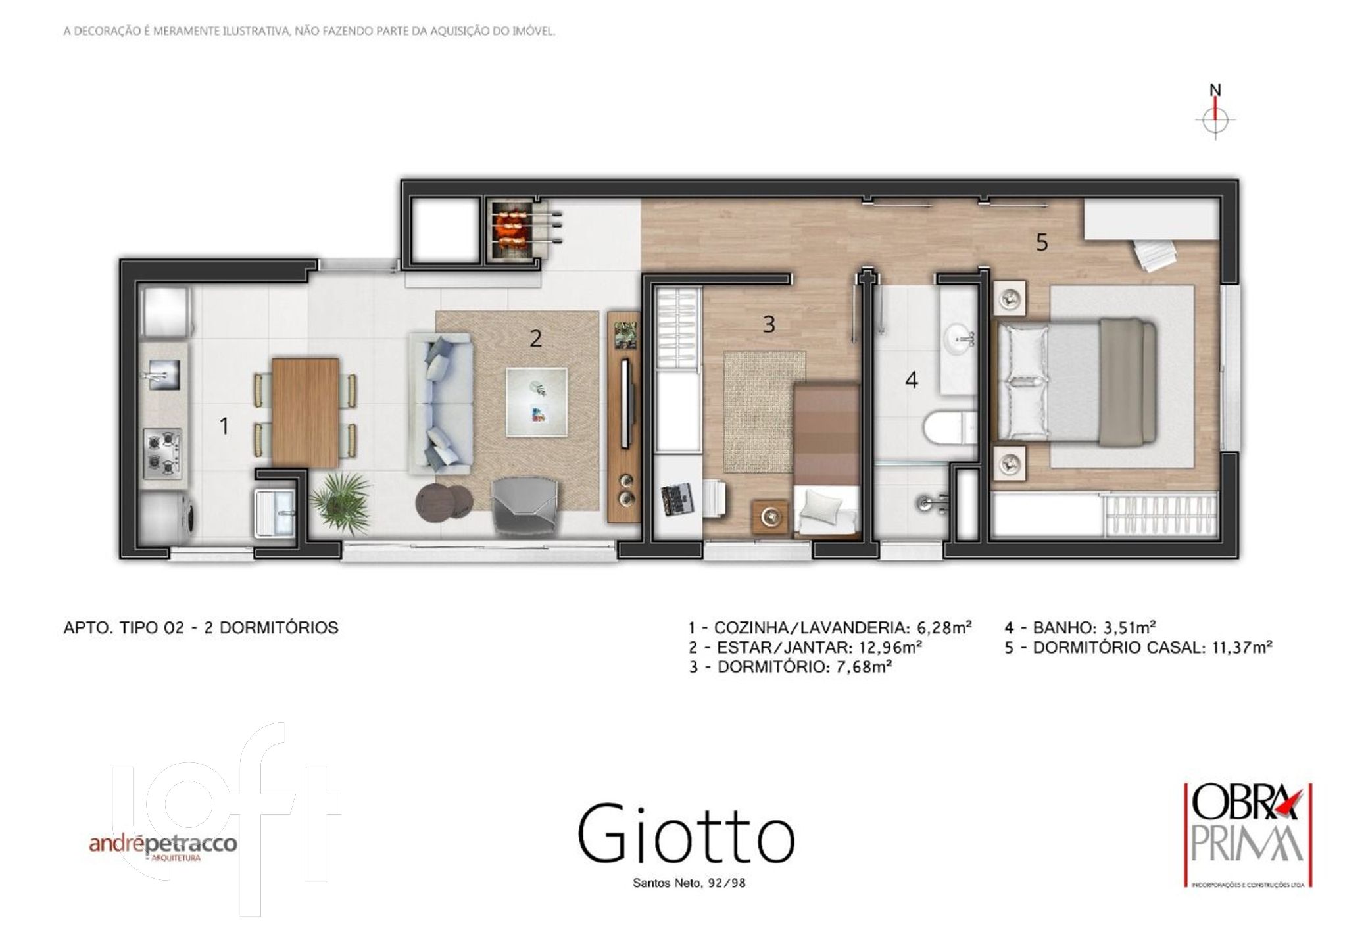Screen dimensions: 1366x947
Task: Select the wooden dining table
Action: [x=306, y=412]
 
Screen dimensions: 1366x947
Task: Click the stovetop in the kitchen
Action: [x=162, y=452]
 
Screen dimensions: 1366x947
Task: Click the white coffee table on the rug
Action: [x=537, y=402]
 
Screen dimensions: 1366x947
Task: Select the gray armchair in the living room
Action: [x=526, y=507]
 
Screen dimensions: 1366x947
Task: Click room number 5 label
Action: [x=1042, y=243]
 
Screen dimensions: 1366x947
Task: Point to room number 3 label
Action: [x=769, y=324]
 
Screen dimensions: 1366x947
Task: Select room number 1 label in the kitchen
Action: [x=224, y=426]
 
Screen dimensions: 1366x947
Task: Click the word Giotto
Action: [x=687, y=833]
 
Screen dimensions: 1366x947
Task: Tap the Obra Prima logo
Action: [x=1248, y=835]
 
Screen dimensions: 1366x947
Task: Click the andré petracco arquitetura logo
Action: [x=163, y=847]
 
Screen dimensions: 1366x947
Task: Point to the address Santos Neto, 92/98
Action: [x=689, y=883]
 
